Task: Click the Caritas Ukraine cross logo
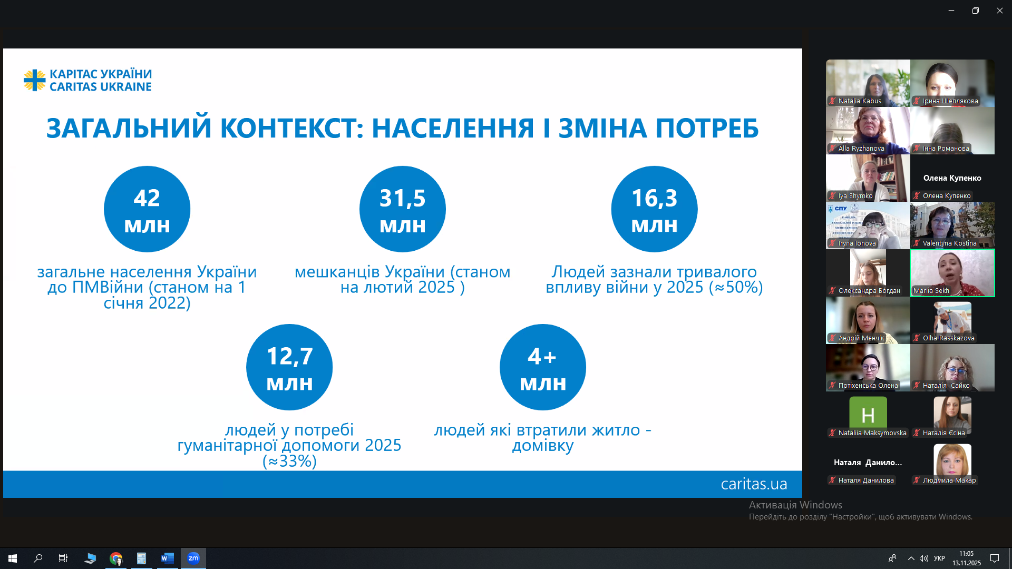(x=35, y=80)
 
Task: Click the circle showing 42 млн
(x=147, y=209)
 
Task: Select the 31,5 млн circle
(x=403, y=209)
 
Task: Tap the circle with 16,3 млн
(x=654, y=209)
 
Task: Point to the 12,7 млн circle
(x=289, y=367)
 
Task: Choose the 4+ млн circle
(x=543, y=367)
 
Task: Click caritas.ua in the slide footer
(x=754, y=484)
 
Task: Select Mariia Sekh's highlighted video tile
(x=952, y=273)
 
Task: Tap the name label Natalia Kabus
(x=860, y=101)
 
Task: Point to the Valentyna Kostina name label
(x=949, y=243)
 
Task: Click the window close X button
(x=999, y=11)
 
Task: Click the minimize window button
(x=951, y=11)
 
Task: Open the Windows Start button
(x=13, y=558)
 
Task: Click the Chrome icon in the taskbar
(x=116, y=558)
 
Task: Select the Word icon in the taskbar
(x=168, y=558)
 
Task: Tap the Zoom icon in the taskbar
(x=193, y=558)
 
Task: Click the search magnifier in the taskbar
(x=38, y=558)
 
